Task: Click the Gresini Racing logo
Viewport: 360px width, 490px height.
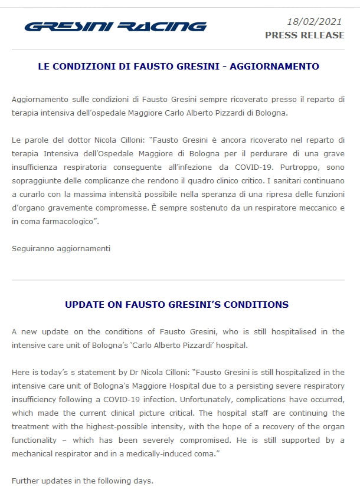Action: point(116,27)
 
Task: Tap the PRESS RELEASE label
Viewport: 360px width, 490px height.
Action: point(305,35)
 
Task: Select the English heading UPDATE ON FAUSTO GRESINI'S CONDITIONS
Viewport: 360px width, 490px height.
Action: point(176,305)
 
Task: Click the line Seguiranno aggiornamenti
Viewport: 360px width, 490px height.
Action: point(61,248)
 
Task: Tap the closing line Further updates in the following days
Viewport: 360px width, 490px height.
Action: point(83,481)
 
